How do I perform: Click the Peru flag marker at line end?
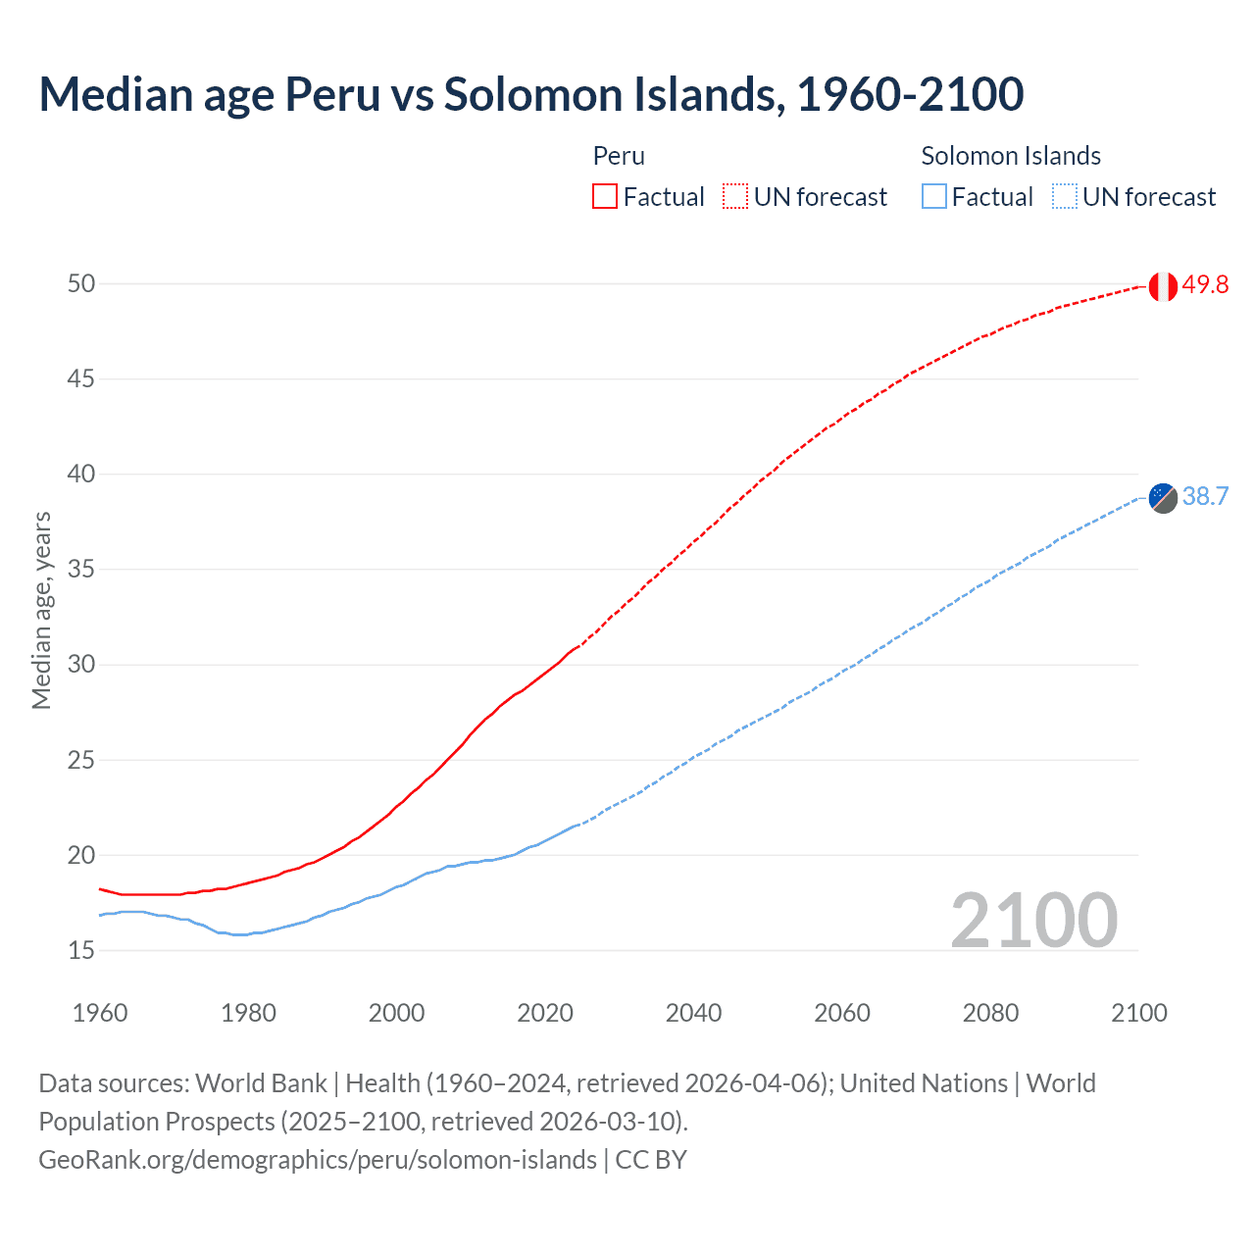click(1163, 286)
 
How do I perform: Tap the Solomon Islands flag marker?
click(1163, 498)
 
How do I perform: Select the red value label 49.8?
click(1205, 285)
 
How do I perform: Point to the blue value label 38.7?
click(1205, 497)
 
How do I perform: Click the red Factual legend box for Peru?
click(605, 197)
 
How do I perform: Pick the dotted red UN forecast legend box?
click(735, 197)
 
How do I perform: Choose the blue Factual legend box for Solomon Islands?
click(934, 197)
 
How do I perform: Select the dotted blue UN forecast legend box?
click(1065, 197)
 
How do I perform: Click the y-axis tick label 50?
click(80, 284)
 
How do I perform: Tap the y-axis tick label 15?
click(80, 950)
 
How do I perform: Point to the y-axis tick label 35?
click(80, 570)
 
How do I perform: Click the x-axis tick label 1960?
click(100, 1013)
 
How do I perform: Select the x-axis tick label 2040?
click(693, 1013)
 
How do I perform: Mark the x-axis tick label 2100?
click(1139, 1013)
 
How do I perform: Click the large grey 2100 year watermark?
click(1033, 920)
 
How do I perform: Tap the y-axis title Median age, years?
click(41, 610)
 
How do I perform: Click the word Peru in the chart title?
click(331, 95)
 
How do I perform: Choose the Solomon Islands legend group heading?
click(1011, 156)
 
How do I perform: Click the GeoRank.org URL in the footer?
click(317, 1160)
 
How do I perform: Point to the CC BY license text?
click(651, 1160)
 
